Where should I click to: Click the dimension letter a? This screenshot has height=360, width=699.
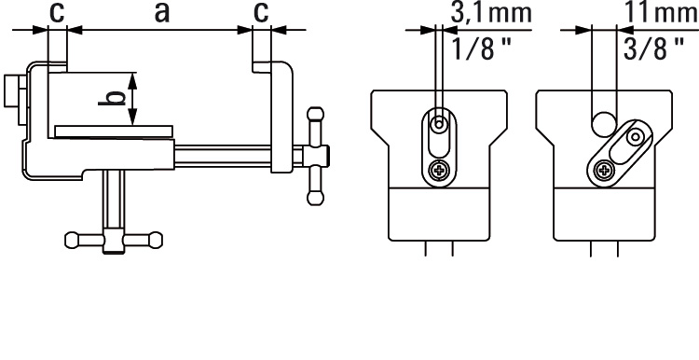click(162, 13)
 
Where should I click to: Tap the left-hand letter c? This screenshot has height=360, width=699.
click(57, 13)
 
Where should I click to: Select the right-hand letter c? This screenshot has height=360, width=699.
click(261, 13)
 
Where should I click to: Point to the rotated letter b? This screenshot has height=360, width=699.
click(112, 98)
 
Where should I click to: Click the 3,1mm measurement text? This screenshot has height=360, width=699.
click(491, 12)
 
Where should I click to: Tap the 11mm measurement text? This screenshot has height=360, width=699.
click(660, 12)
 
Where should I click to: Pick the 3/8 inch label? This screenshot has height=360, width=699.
click(653, 48)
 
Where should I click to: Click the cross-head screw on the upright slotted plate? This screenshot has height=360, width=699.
click(439, 170)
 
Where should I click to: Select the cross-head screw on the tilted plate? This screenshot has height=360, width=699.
click(605, 170)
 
